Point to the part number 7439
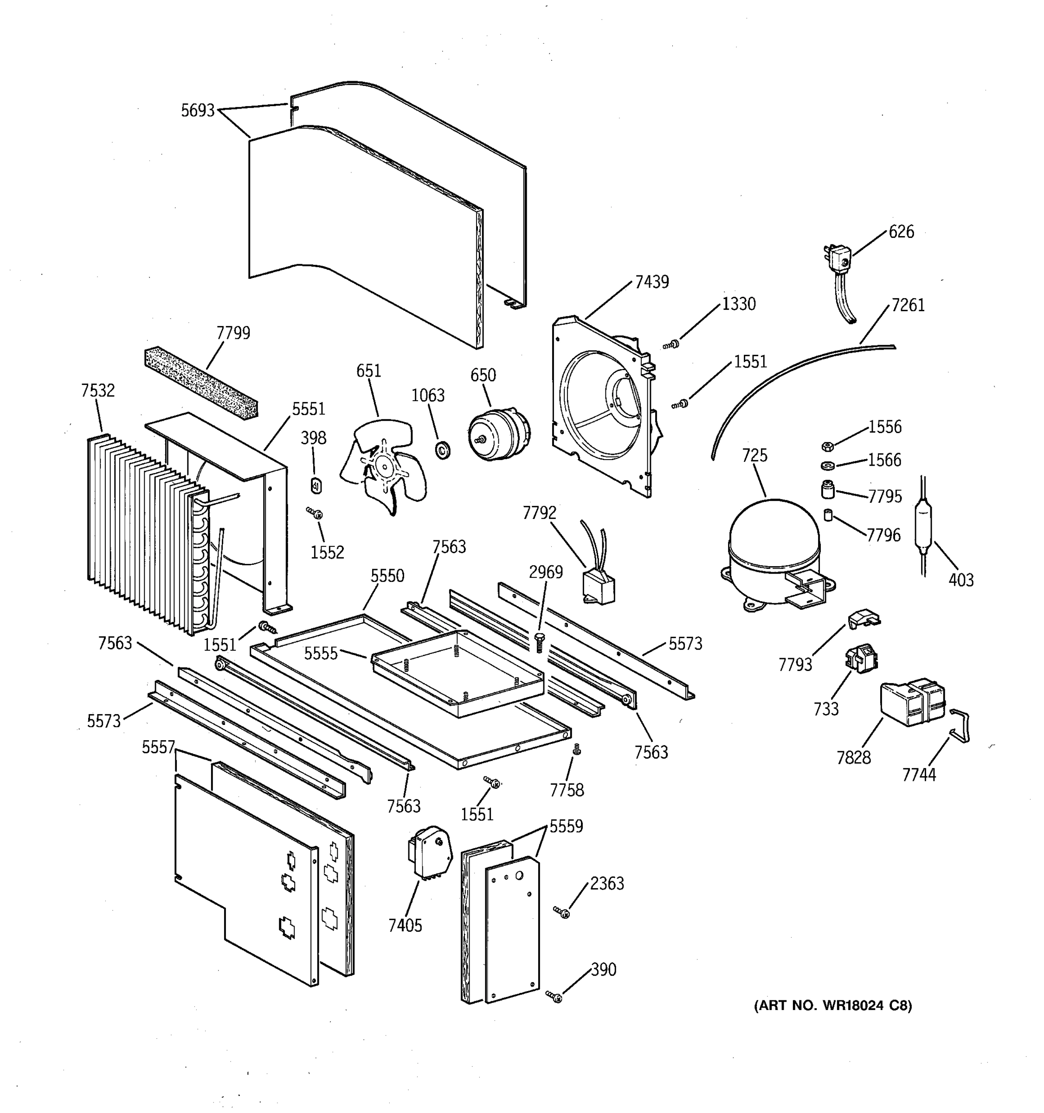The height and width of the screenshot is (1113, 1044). [x=651, y=282]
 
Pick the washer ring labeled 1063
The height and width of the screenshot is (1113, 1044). [x=443, y=449]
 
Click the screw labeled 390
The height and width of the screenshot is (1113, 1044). [x=555, y=997]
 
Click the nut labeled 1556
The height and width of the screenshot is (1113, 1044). [x=828, y=446]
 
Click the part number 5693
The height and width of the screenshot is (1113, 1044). [x=197, y=111]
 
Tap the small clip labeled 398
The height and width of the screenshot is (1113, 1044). [x=316, y=486]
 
